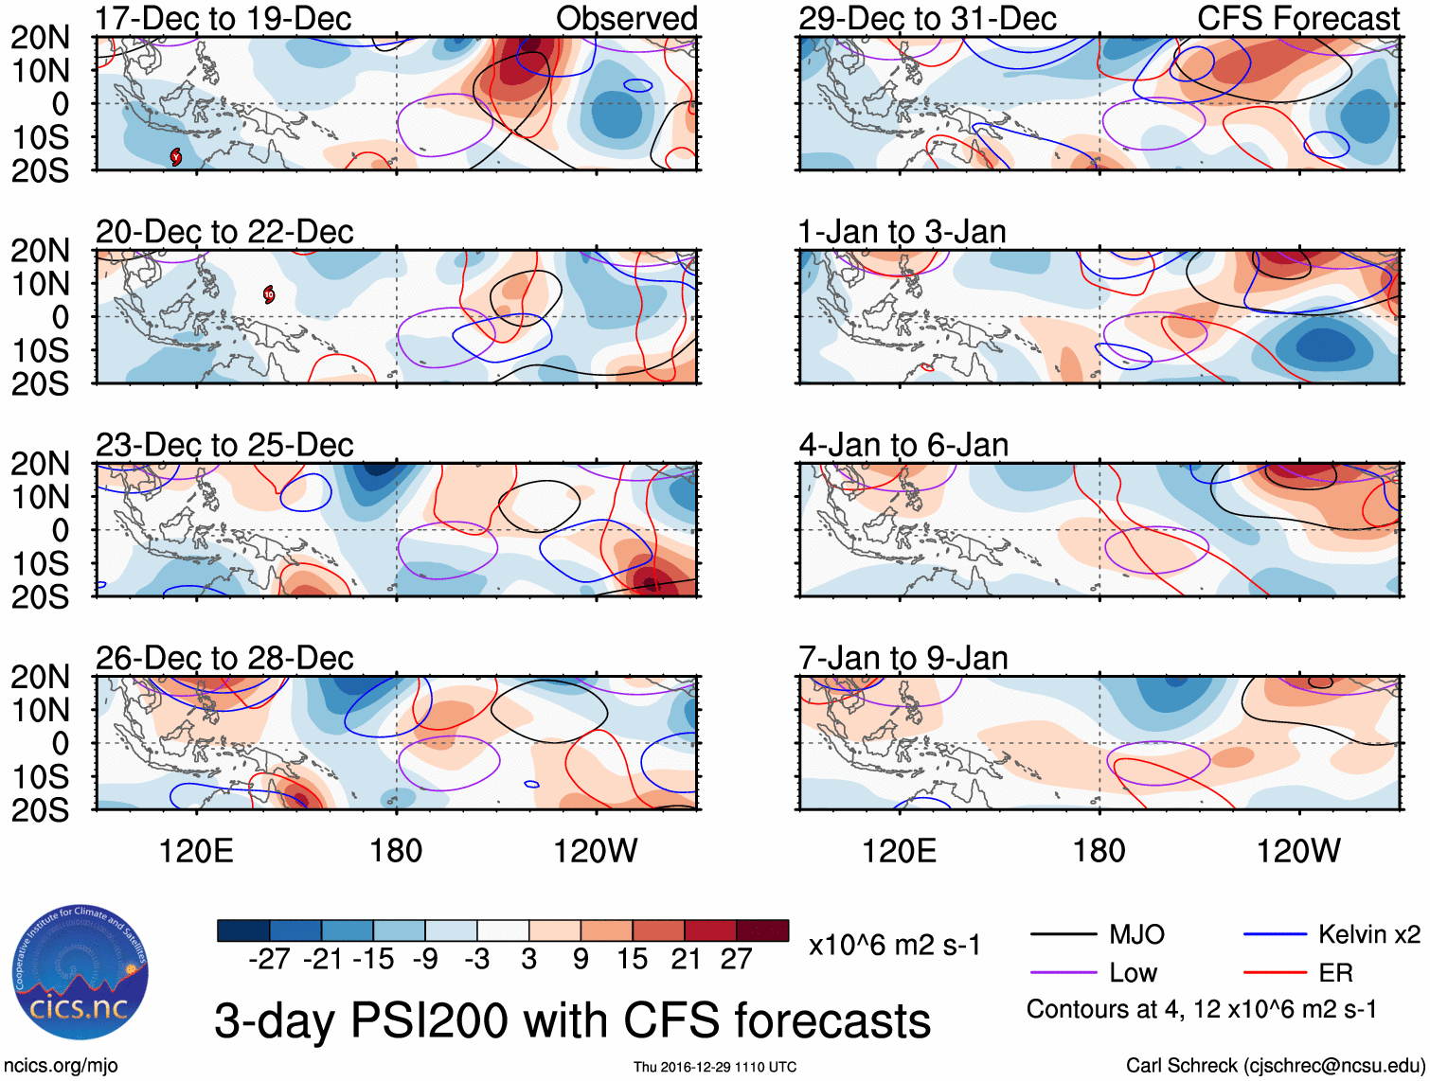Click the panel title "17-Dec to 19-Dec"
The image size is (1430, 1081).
[223, 18]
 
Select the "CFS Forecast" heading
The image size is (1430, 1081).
[1298, 18]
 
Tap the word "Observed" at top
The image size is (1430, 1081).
[626, 18]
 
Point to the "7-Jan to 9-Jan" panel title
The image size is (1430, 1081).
[903, 658]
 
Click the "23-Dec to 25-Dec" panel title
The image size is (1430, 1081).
[224, 445]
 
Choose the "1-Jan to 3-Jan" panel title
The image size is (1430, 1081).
[902, 232]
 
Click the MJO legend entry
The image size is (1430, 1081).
[1136, 935]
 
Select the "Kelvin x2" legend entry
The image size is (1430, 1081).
[1368, 935]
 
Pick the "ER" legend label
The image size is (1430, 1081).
[1335, 973]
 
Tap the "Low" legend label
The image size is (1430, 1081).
[1133, 973]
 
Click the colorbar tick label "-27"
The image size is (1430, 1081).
[269, 960]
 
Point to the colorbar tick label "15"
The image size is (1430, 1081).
[632, 960]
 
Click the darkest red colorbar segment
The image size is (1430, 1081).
[762, 930]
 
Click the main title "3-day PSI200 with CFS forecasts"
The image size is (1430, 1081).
[572, 1021]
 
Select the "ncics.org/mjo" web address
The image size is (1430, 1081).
[61, 1066]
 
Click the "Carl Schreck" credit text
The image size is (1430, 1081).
[1274, 1066]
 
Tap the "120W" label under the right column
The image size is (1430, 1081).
[1297, 851]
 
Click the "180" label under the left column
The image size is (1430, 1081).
[396, 851]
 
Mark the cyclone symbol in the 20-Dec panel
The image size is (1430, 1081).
[269, 294]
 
